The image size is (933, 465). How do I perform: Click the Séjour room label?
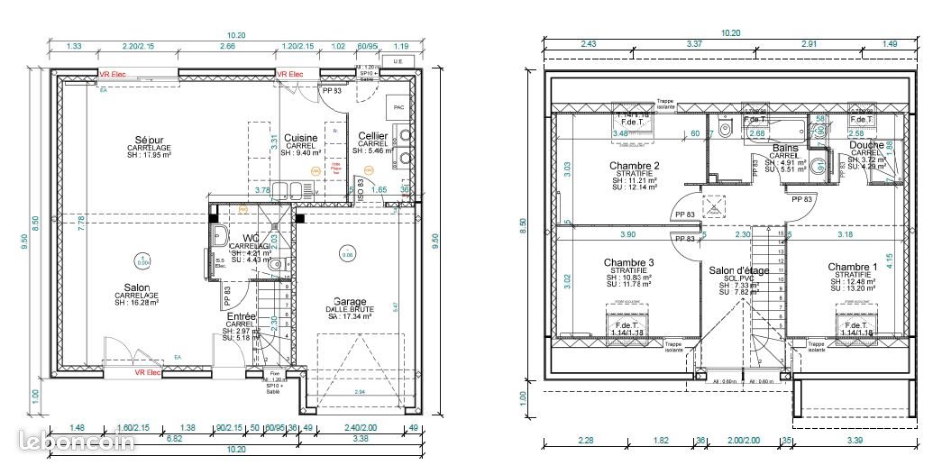pyautogui.click(x=143, y=141)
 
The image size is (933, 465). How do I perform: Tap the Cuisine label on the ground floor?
pyautogui.click(x=299, y=139)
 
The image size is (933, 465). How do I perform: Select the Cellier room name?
pyautogui.click(x=372, y=136)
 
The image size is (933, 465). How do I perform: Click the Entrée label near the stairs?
pyautogui.click(x=241, y=317)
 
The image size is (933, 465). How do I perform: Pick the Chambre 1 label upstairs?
pyautogui.click(x=852, y=267)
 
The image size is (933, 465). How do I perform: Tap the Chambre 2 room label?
pyautogui.click(x=634, y=166)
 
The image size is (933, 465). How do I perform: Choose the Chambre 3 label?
pyautogui.click(x=628, y=263)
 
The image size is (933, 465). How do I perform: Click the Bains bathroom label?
pyautogui.click(x=784, y=148)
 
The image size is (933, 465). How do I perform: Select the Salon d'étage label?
pyautogui.click(x=738, y=270)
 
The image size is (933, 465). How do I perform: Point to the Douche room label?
pyautogui.click(x=866, y=145)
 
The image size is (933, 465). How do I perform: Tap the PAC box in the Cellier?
pyautogui.click(x=398, y=107)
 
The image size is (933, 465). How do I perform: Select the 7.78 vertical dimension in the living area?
pyautogui.click(x=81, y=219)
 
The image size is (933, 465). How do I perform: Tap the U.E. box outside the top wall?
pyautogui.click(x=395, y=61)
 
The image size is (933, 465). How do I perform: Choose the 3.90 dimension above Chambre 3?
pyautogui.click(x=628, y=234)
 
